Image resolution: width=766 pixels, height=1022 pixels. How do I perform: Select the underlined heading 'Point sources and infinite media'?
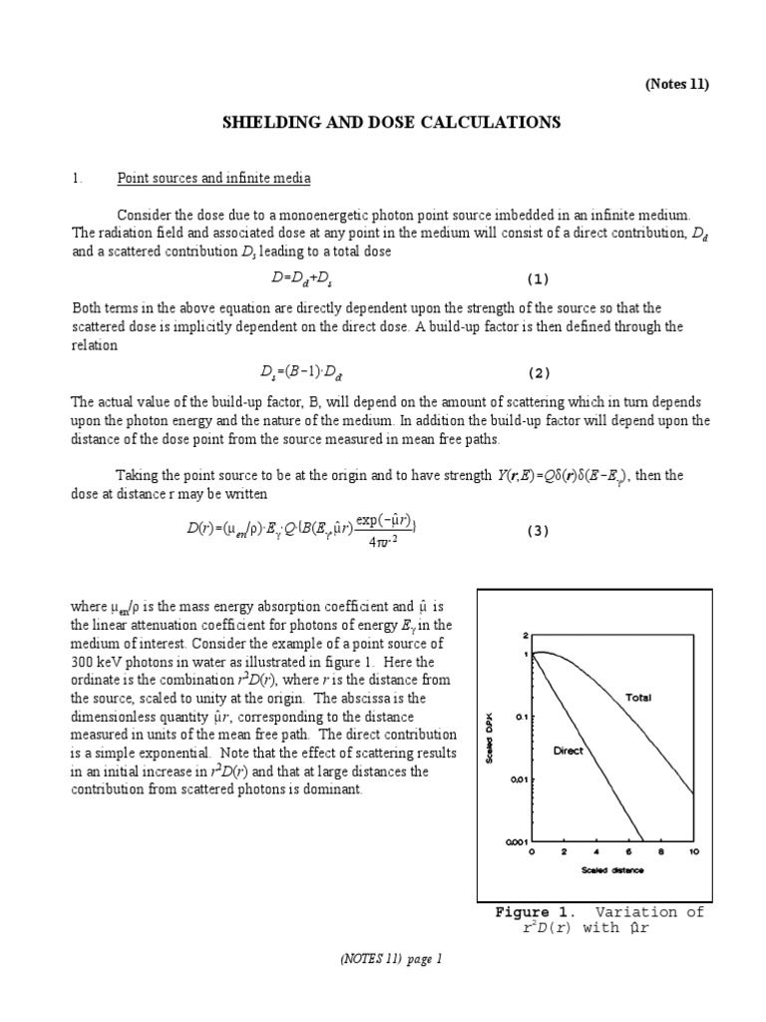(213, 179)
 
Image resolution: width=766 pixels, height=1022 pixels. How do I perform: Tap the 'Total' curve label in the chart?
(637, 698)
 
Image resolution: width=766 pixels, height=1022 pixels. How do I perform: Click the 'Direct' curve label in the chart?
(568, 750)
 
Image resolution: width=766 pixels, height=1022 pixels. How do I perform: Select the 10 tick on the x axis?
(693, 852)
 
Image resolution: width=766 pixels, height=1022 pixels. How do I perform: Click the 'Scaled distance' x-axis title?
(613, 869)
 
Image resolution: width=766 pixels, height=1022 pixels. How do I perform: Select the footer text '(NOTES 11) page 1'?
(382, 959)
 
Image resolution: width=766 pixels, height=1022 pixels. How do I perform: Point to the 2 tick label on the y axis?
(524, 635)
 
